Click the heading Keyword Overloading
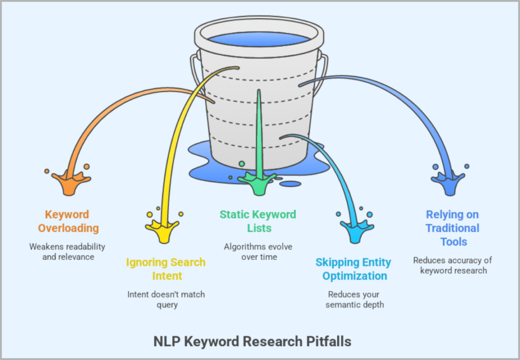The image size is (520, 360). pyautogui.click(x=67, y=221)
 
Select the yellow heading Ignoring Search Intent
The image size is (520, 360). pyautogui.click(x=166, y=269)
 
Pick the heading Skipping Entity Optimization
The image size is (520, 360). pyautogui.click(x=353, y=269)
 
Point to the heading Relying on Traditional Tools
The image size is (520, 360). pyautogui.click(x=452, y=228)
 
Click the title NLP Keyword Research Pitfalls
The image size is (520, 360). pyautogui.click(x=252, y=341)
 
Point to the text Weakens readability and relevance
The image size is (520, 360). pyautogui.click(x=67, y=251)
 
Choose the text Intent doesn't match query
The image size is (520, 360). pyautogui.click(x=166, y=299)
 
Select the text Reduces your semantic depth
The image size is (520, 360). pyautogui.click(x=353, y=299)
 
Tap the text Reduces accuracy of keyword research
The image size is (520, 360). pyautogui.click(x=452, y=265)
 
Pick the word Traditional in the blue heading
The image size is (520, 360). pyautogui.click(x=452, y=228)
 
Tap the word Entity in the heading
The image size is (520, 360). pyautogui.click(x=374, y=263)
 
